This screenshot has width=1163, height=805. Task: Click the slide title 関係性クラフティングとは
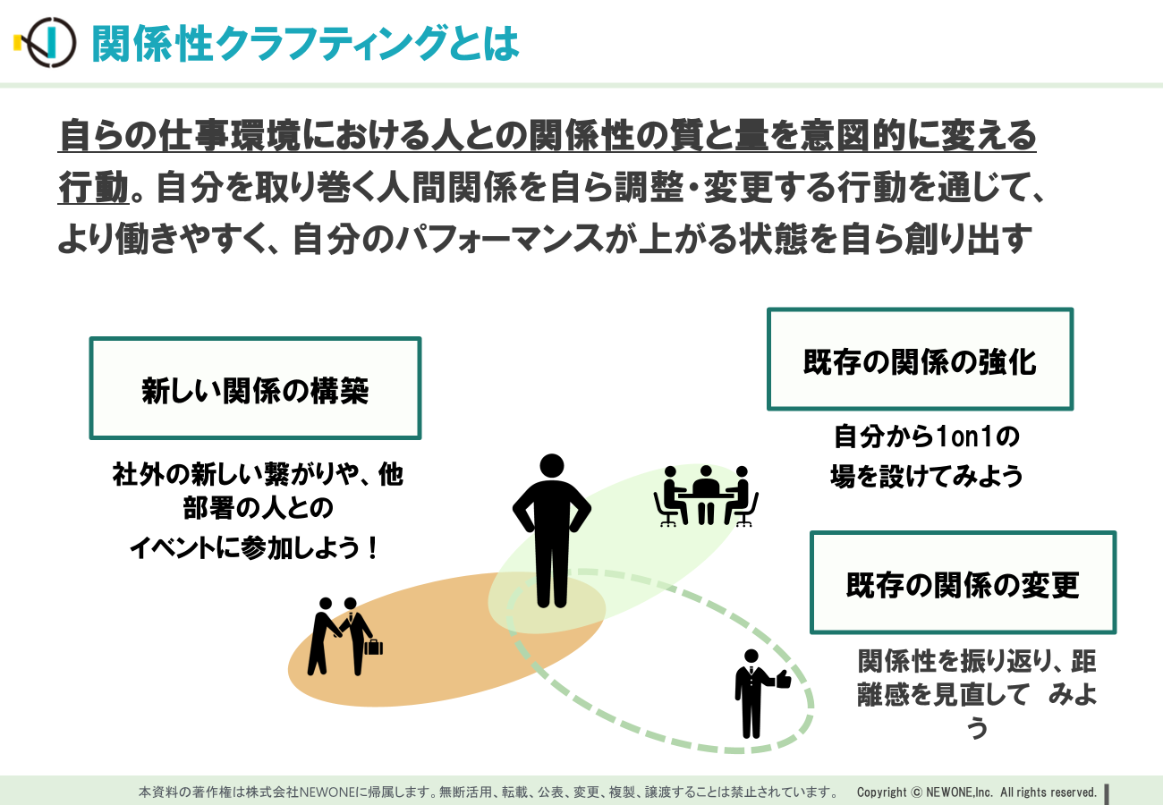305,44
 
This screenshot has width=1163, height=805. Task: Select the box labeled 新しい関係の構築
255,388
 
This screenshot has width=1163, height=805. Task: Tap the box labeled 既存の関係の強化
920,360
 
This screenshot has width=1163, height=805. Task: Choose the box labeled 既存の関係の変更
963,582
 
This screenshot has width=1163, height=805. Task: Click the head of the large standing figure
551,466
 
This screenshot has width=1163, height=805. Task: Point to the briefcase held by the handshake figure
374,647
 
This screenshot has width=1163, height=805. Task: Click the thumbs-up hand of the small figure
783,678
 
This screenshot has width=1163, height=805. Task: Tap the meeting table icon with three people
706,496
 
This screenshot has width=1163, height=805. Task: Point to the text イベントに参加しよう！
254,548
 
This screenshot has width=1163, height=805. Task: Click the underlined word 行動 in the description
93,187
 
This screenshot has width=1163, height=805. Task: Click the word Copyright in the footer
881,792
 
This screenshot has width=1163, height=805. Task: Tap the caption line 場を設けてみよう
926,476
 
